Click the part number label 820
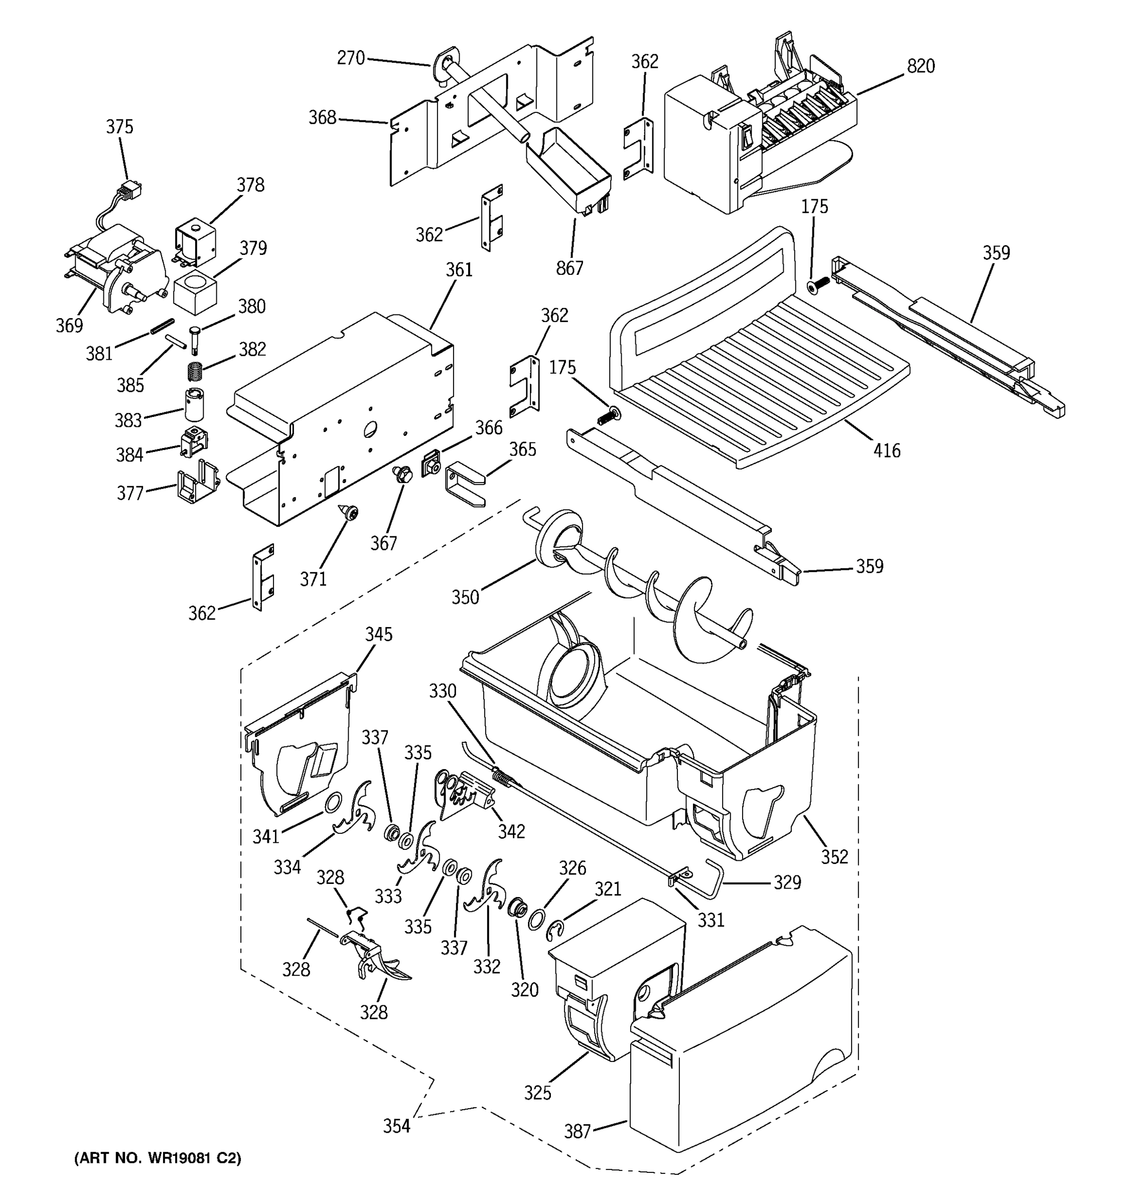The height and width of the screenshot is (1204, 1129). (920, 66)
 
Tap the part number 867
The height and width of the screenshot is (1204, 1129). (570, 268)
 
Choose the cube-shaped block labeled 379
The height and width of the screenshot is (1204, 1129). (195, 292)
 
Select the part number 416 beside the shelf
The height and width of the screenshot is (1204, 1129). (887, 450)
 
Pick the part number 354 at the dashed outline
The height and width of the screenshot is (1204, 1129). (397, 1126)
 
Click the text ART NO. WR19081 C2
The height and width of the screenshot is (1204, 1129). (158, 1158)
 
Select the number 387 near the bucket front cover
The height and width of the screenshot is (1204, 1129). (577, 1131)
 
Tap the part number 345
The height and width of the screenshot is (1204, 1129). (378, 634)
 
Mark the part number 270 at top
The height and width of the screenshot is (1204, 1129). (351, 58)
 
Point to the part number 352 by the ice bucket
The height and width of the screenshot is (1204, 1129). (834, 856)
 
